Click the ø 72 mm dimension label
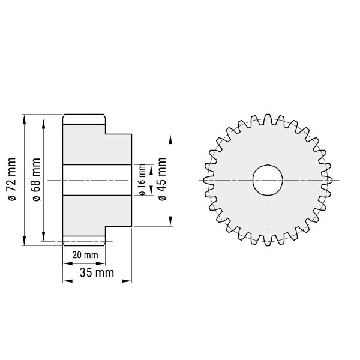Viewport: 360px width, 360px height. coord(12,179)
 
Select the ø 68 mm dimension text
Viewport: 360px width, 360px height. coord(36,179)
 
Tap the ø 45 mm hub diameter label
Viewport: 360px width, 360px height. coord(162,179)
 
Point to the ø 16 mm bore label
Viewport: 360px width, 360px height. coord(142,180)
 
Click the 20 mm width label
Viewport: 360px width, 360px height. coord(85,255)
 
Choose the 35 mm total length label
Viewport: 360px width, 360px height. coord(97,273)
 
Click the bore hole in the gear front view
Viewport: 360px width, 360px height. coord(268,180)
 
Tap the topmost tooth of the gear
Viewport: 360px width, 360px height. coord(268,119)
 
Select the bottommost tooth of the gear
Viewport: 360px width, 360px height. coord(268,241)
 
